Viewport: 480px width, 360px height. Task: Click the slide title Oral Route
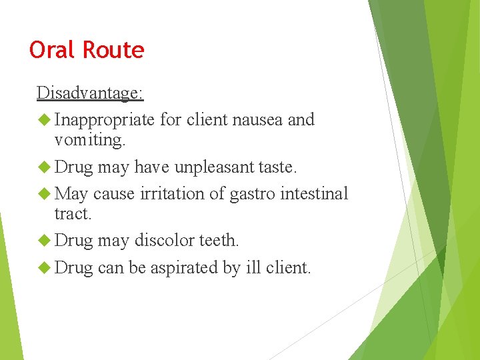[x=87, y=50]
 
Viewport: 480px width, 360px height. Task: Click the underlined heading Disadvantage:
[x=90, y=93]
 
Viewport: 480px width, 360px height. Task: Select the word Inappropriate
[x=105, y=120]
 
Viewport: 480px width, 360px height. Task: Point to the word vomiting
[x=89, y=140]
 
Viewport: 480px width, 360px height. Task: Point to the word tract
[x=71, y=214]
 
